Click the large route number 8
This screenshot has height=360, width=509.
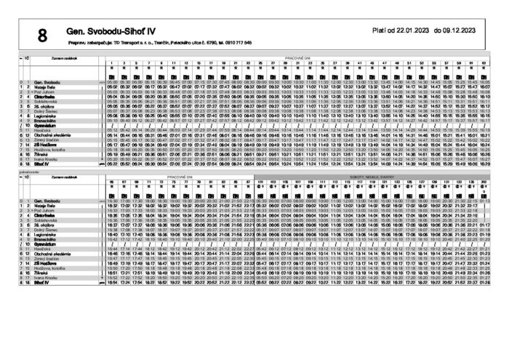tap(42, 35)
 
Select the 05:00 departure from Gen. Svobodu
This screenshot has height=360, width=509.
tap(111, 82)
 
